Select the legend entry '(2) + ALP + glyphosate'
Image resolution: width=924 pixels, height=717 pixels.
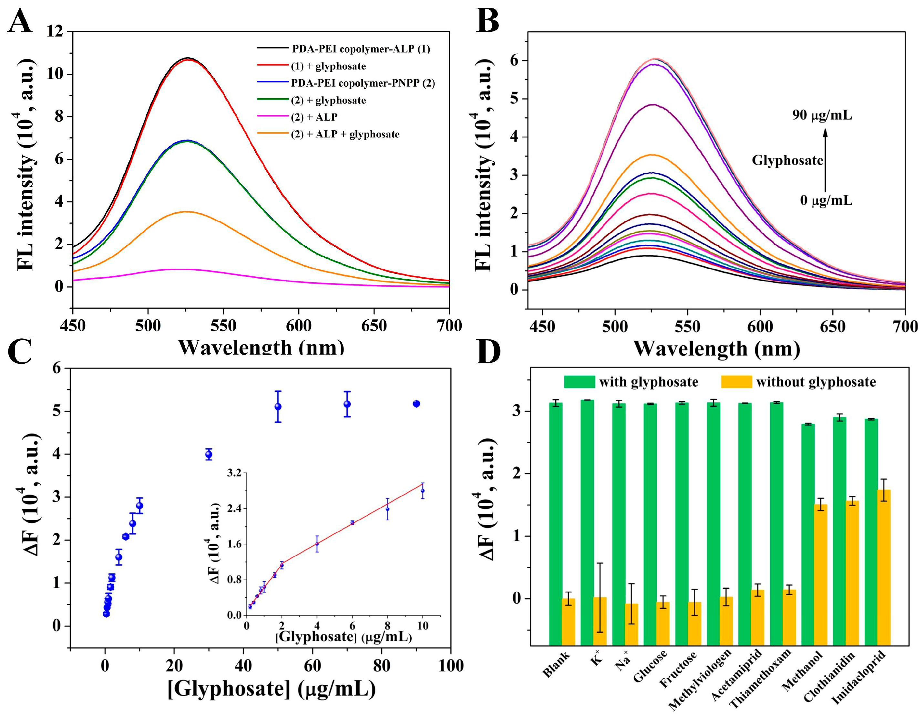(345, 134)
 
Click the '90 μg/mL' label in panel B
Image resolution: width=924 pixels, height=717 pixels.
(822, 115)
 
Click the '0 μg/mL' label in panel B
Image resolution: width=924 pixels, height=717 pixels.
(826, 200)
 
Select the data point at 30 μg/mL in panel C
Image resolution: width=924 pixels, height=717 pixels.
(209, 455)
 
